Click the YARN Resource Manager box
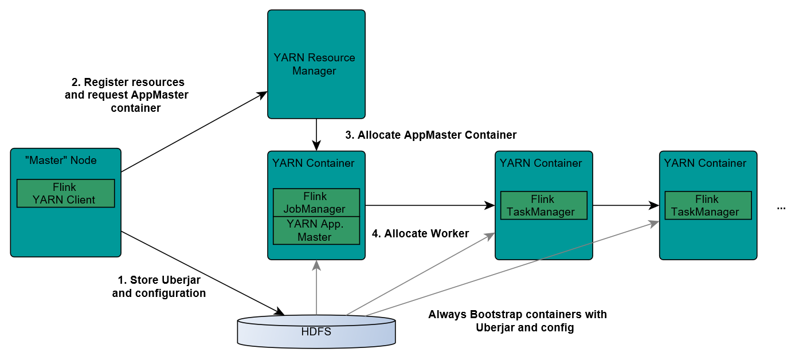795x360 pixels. coord(316,64)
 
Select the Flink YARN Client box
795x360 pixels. coord(66,194)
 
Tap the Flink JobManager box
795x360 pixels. coord(316,202)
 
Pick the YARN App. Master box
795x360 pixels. coord(316,230)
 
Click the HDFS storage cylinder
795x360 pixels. coord(316,331)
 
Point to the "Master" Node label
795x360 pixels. coord(61,160)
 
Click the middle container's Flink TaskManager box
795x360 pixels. coord(543,205)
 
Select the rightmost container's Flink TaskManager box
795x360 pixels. coord(707,205)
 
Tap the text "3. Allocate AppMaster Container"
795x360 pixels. coord(431,135)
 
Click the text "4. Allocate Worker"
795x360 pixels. coord(421,233)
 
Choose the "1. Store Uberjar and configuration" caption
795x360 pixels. coord(159,287)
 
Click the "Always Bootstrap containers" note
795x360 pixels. coord(517,321)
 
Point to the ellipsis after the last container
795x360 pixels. coord(781,208)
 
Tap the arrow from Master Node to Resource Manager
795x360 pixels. coord(195,131)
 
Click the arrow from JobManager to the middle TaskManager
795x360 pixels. coord(430,205)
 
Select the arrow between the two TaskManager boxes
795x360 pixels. coord(625,205)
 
